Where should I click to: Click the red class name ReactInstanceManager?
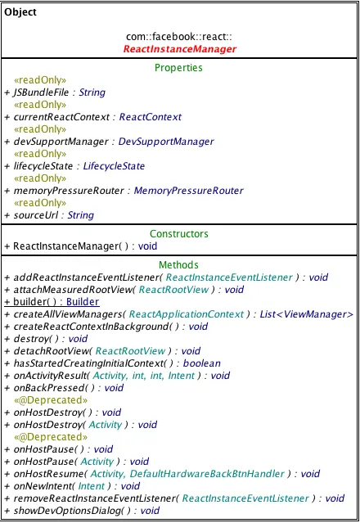[179, 49]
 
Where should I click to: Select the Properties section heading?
[178, 67]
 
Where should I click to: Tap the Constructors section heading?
[178, 234]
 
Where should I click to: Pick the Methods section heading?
[178, 265]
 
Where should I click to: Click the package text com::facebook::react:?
[179, 38]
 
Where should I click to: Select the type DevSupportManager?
[166, 142]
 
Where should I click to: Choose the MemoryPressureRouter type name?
[187, 191]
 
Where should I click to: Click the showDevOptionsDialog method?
[64, 510]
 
